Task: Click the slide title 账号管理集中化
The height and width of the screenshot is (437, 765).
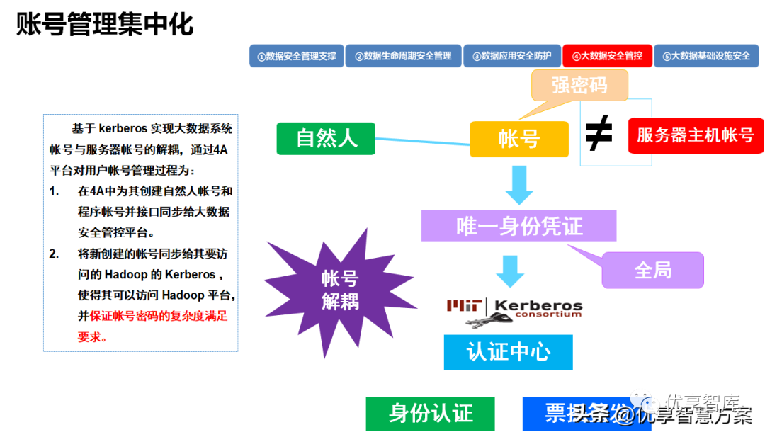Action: click(105, 24)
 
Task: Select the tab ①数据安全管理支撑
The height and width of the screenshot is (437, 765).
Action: click(296, 56)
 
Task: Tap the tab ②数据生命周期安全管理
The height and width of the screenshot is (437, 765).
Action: click(403, 56)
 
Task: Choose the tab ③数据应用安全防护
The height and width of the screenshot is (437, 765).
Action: click(511, 56)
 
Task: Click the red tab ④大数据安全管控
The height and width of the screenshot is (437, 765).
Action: click(607, 56)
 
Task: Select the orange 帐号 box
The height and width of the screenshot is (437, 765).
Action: click(519, 139)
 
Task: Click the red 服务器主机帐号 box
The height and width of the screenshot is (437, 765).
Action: click(696, 135)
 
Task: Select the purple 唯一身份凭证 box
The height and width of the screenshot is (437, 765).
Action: click(518, 226)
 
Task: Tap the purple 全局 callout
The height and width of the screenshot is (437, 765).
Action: click(652, 271)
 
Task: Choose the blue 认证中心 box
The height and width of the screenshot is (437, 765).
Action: click(508, 351)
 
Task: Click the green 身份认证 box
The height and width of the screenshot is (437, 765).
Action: click(431, 413)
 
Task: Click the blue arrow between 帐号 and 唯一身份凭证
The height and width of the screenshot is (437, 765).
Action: click(518, 186)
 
